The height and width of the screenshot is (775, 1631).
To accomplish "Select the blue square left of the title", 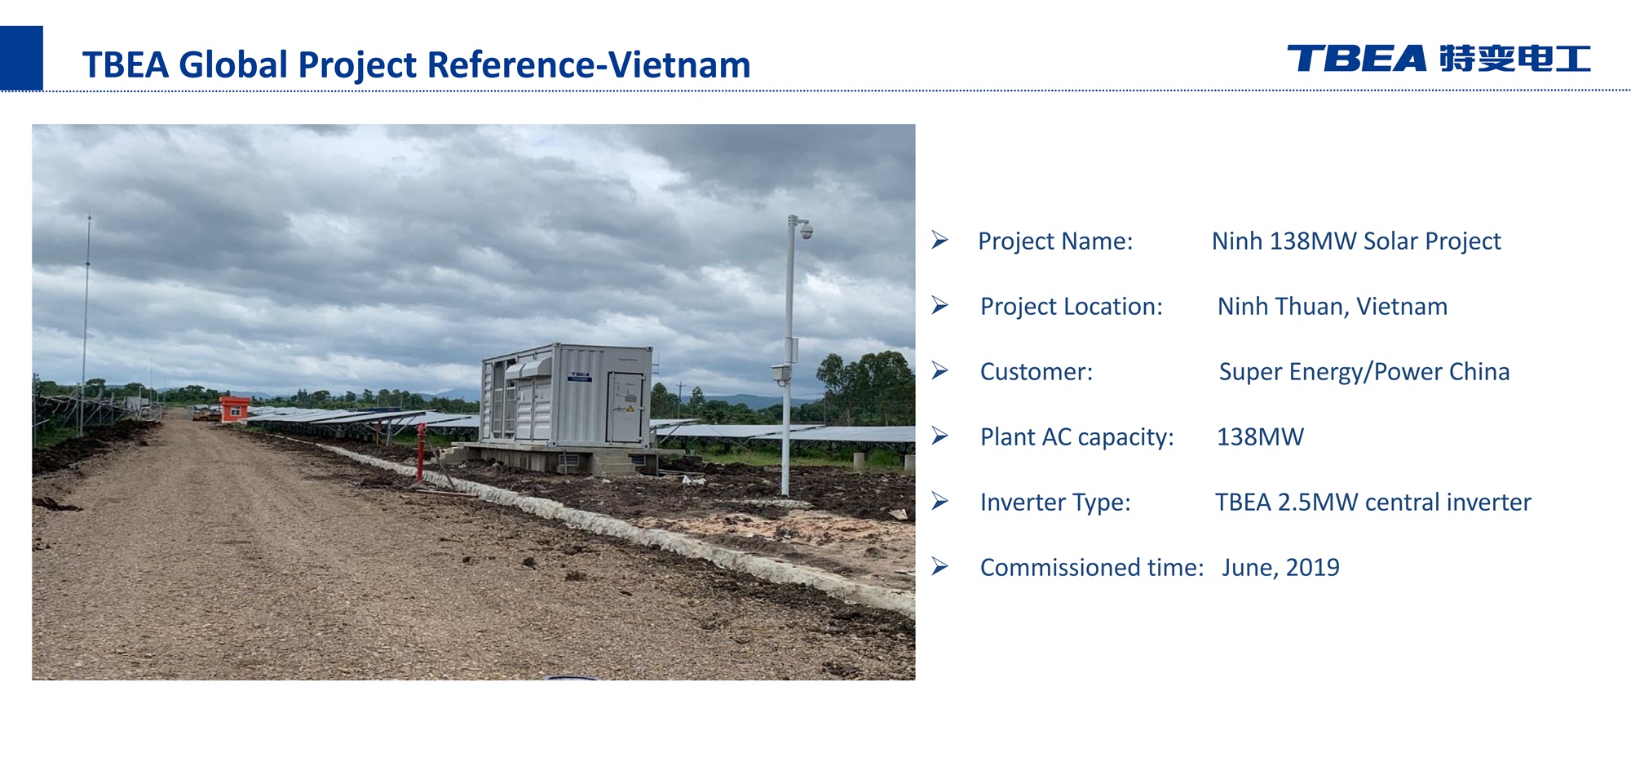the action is tap(21, 58).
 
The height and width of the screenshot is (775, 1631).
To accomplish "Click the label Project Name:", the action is tap(1055, 241).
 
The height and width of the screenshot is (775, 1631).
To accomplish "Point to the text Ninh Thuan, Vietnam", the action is tap(1333, 307).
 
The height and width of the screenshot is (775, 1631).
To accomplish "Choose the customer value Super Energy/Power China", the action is tap(1364, 372).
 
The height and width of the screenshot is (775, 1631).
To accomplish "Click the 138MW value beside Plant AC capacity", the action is tap(1260, 437).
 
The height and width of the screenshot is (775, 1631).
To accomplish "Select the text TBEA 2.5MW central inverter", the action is tap(1373, 503).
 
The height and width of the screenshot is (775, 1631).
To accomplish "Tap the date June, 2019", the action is tap(1280, 568).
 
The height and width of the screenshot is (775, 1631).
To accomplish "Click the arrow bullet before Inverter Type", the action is tap(940, 501).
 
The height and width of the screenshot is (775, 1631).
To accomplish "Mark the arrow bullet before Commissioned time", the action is tap(940, 566).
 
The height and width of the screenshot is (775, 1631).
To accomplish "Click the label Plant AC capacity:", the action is tap(1077, 437).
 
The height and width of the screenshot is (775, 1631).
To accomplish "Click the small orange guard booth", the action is tap(235, 408).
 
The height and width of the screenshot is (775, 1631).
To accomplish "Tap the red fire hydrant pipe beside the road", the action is tap(421, 451).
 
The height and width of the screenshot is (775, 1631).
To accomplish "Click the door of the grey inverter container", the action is tap(626, 407).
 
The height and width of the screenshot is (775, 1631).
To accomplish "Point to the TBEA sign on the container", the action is tap(579, 377).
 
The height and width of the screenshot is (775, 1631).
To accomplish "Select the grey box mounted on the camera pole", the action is tap(780, 374).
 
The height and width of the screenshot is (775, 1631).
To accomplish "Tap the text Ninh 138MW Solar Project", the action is tap(1356, 241).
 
